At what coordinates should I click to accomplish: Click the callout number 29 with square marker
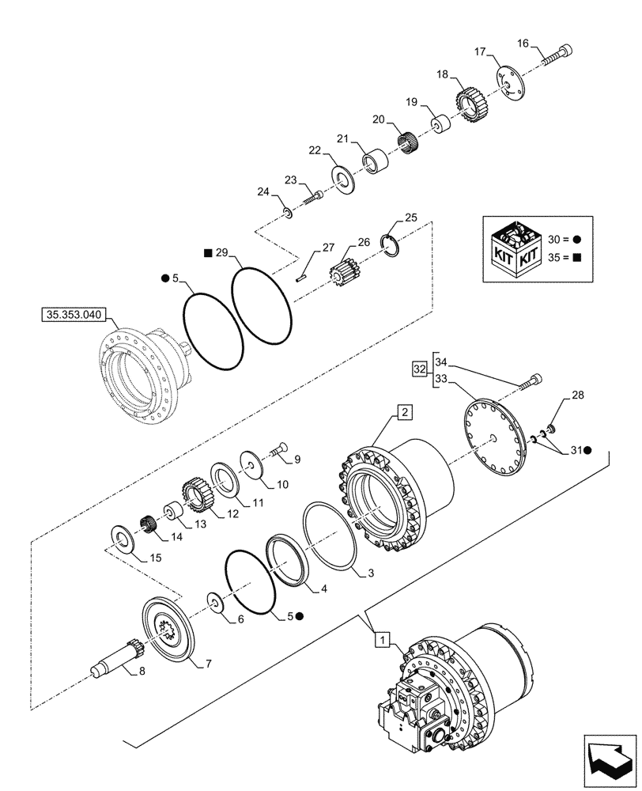point(221,253)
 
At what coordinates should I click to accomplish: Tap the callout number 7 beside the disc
point(208,664)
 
